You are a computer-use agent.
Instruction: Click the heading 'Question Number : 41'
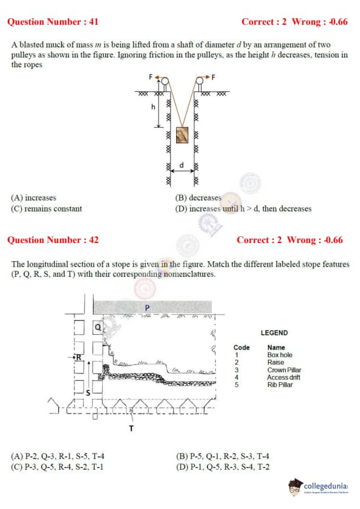point(53,22)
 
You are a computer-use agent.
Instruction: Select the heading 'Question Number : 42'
point(53,240)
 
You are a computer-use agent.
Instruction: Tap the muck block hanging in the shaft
point(182,135)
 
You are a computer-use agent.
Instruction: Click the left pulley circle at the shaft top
point(165,80)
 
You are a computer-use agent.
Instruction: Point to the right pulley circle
point(200,80)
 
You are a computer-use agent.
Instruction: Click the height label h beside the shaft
point(153,106)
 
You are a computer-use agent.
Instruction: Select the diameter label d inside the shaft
point(182,165)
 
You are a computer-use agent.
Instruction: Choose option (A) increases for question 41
point(33,198)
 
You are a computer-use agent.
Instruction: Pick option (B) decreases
point(198,198)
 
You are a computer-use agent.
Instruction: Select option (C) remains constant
point(47,209)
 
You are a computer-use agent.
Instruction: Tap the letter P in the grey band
point(147,308)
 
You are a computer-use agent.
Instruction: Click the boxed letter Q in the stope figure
point(98,327)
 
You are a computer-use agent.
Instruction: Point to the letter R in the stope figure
point(78,357)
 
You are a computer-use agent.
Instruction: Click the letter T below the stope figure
point(131,429)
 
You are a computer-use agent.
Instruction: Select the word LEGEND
point(274,332)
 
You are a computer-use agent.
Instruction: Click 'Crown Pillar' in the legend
point(284,370)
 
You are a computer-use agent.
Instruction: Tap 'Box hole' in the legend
point(280,355)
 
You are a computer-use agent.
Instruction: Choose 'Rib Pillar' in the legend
point(280,384)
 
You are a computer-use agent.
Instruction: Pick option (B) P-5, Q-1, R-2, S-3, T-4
point(223,456)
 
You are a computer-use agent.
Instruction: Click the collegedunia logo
point(318,487)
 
